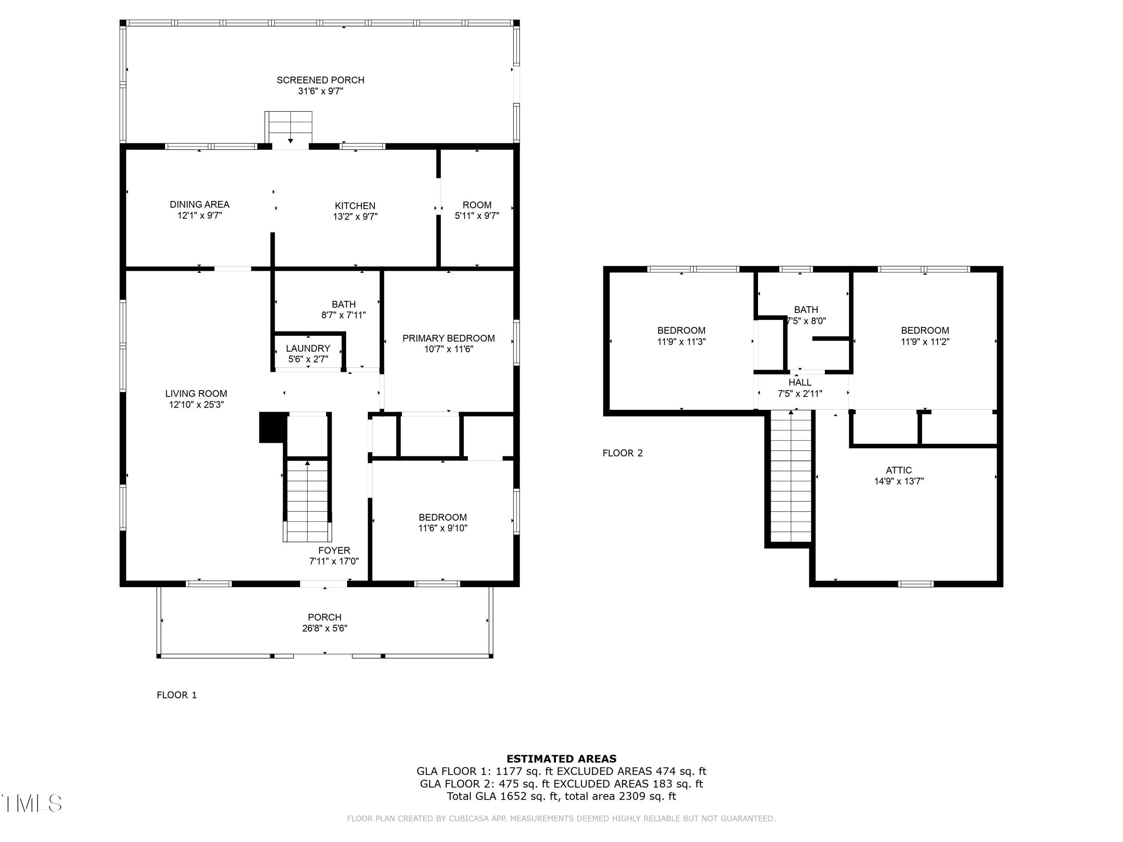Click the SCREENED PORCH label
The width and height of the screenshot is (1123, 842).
point(320,80)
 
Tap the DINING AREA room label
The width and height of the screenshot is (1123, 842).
point(200,205)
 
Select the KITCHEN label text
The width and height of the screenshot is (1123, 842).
point(355,206)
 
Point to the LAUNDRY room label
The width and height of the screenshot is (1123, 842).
point(308,349)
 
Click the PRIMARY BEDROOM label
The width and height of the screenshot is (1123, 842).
point(448,339)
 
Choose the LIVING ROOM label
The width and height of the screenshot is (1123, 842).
point(196,394)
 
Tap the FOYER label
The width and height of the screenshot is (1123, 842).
point(334,551)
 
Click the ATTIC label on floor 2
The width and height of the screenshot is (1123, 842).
point(899,470)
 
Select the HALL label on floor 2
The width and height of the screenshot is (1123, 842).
point(800,383)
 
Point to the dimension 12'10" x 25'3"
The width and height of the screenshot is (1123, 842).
point(196,405)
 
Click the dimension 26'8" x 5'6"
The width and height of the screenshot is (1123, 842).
point(325,628)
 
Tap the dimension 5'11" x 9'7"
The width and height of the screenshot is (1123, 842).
point(477,216)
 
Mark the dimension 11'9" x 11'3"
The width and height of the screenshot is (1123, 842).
point(681,342)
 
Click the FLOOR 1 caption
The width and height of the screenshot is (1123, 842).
point(177,695)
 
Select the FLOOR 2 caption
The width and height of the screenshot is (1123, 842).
point(623,453)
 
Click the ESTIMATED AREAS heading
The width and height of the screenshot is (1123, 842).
point(561,759)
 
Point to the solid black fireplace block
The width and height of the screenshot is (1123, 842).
point(272,427)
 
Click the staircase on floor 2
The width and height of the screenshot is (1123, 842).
point(791,477)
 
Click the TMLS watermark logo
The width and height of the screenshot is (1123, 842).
point(32,803)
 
